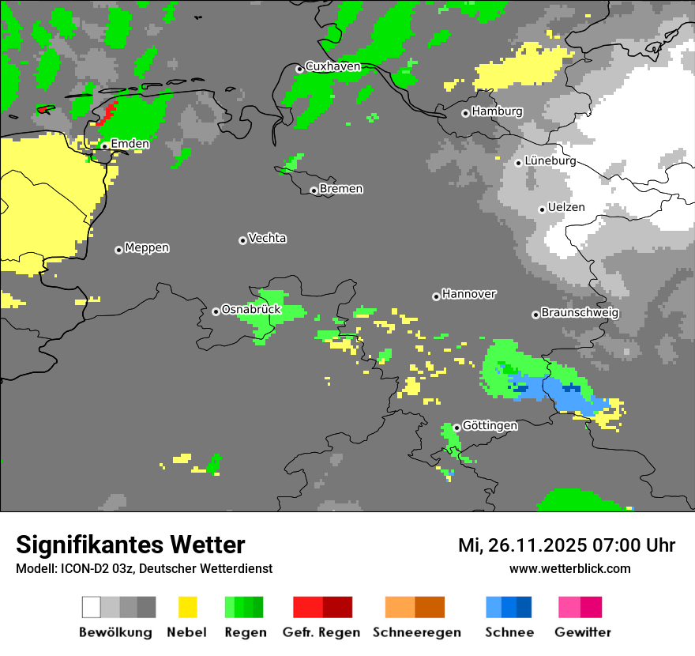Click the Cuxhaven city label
point(332,66)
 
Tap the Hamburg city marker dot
point(466,113)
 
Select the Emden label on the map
point(130,144)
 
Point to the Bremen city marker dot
point(314,190)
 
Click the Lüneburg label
point(550,160)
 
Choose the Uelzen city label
point(566,207)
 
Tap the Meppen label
point(147,247)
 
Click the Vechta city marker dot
point(242,240)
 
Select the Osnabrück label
point(251,309)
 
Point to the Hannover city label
point(469,294)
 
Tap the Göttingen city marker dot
point(456,428)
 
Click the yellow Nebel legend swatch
point(187,607)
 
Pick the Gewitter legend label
point(582,632)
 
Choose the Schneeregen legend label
point(416,632)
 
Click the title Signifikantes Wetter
point(130,545)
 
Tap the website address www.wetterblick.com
point(569,568)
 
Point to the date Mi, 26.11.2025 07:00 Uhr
point(566,545)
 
